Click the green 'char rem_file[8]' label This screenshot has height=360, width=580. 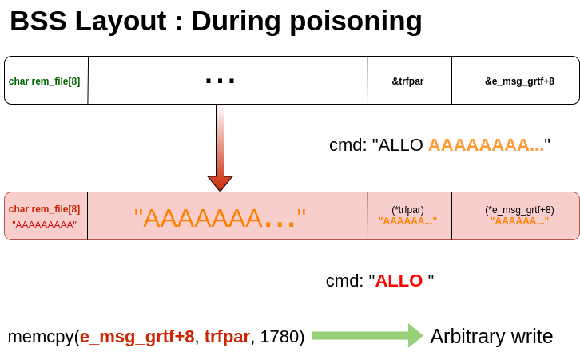(44, 81)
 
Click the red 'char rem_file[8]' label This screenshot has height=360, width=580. (44, 209)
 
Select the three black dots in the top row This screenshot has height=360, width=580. (220, 81)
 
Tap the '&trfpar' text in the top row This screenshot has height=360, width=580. (407, 81)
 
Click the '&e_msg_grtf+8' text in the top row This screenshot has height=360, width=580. (519, 81)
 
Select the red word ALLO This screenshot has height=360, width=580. (399, 281)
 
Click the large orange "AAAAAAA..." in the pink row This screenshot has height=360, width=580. (220, 218)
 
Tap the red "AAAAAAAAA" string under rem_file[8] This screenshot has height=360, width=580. (44, 225)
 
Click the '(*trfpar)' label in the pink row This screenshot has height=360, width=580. (407, 210)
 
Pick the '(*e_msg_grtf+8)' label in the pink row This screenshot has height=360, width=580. (519, 210)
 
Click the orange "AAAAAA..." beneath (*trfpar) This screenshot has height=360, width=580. (407, 221)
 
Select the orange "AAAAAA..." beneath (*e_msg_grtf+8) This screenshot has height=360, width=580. (519, 221)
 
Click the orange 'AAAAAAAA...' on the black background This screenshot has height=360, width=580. (486, 145)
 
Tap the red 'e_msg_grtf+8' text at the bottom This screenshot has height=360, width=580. (137, 337)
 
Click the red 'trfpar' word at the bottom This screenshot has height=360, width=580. (227, 337)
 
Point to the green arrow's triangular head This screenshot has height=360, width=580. (415, 335)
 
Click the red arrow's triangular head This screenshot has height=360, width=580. (220, 183)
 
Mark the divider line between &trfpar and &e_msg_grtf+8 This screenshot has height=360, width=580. (451, 81)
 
